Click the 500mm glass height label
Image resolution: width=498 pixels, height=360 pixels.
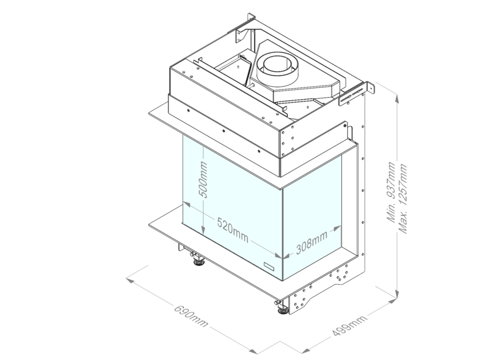(x=204, y=180)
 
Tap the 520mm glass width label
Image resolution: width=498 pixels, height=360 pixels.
(x=233, y=230)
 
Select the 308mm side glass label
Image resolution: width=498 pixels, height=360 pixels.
(x=312, y=243)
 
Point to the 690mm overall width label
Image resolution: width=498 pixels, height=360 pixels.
(x=191, y=316)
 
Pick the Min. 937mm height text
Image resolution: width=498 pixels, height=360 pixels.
(x=391, y=192)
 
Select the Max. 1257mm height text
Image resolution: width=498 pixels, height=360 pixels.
(x=403, y=199)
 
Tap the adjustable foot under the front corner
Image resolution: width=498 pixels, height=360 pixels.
(x=282, y=309)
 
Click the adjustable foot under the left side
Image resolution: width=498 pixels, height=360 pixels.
(x=199, y=262)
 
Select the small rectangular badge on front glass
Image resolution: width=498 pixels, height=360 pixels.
(x=269, y=266)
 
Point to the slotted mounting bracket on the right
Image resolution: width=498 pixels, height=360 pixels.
(x=356, y=94)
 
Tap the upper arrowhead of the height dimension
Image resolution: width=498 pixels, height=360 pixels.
(x=397, y=99)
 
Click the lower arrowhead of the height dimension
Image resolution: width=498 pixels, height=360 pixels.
(x=397, y=294)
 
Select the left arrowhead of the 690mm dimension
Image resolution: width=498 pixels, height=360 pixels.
(x=130, y=280)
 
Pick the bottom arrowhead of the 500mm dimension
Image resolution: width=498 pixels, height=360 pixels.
(x=204, y=231)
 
